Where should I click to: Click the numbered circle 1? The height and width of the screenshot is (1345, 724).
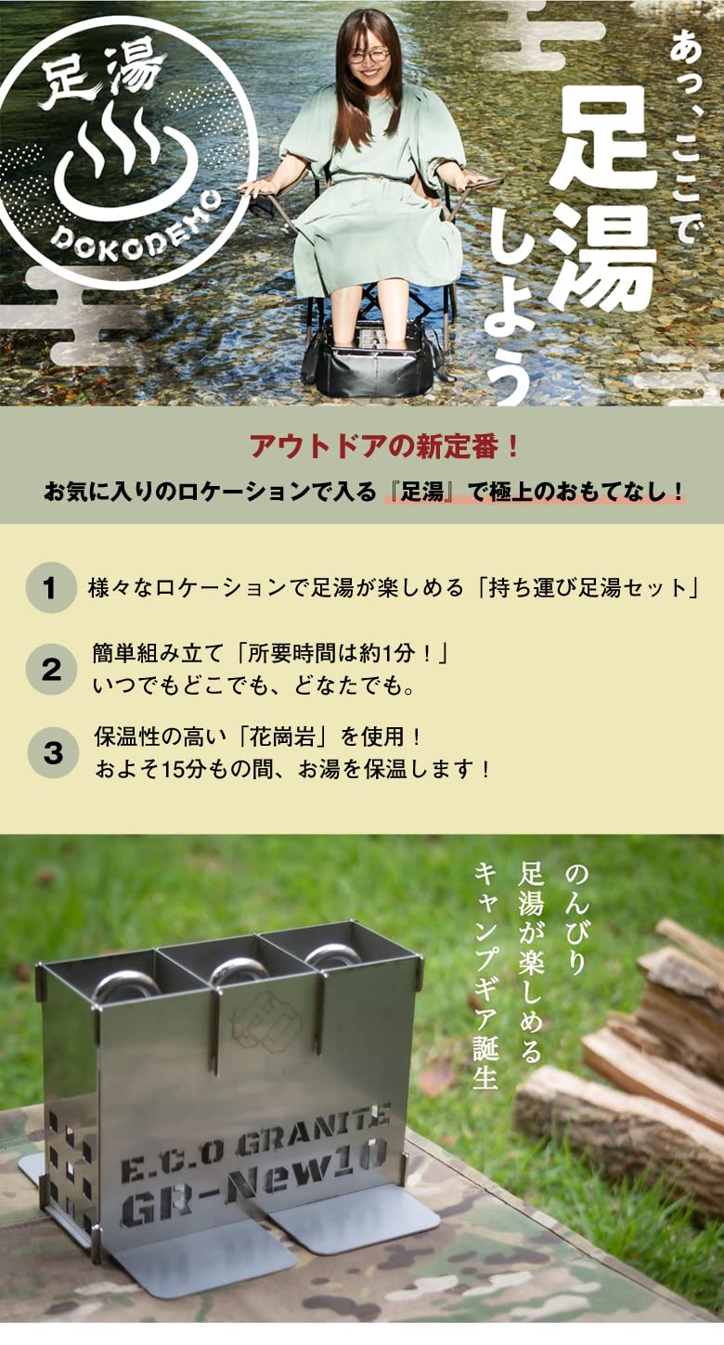51,588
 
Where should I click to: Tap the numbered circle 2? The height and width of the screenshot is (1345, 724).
51,669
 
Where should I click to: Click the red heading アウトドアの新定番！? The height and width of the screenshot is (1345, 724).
384,446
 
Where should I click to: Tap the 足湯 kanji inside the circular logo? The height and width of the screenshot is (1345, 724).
103,80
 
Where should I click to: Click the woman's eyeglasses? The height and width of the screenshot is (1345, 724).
368,56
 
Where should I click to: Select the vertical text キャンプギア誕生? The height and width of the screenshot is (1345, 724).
485,975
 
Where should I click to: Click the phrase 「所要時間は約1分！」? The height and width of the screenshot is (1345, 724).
343,653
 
